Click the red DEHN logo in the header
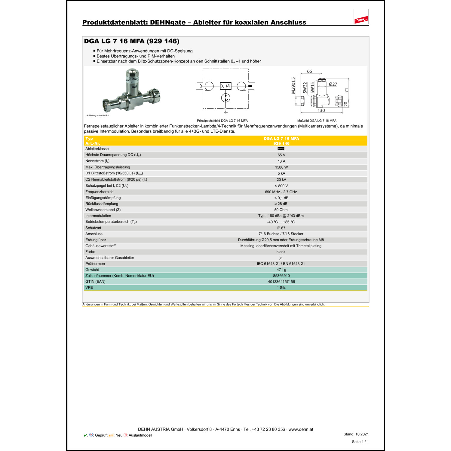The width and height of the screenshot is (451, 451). [x=361, y=20]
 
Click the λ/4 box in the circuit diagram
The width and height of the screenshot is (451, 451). [x=226, y=86]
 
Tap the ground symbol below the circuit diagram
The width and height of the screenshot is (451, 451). [x=226, y=112]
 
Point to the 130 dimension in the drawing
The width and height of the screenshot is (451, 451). [x=321, y=111]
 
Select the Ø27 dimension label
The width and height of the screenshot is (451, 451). [x=333, y=84]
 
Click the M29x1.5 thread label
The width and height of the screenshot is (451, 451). [x=293, y=86]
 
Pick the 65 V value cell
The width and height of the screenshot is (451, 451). [x=281, y=155]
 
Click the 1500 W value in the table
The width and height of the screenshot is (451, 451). [x=281, y=167]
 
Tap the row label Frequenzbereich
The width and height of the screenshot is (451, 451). [x=100, y=192]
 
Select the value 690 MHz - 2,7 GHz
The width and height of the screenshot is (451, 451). [x=281, y=192]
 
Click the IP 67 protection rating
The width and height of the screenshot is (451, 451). [x=281, y=228]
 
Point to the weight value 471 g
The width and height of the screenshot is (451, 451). [x=281, y=270]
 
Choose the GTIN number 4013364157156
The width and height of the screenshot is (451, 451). [x=281, y=282]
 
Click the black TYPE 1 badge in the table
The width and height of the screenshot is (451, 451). [x=281, y=149]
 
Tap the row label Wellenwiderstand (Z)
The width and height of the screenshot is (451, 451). [x=103, y=210]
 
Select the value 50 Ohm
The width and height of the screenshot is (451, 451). [x=281, y=210]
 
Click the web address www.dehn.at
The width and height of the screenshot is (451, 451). [x=301, y=429]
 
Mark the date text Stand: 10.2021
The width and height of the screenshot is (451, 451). [x=356, y=434]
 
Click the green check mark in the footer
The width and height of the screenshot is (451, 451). [x=85, y=435]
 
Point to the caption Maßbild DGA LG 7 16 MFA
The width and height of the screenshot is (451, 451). [x=317, y=121]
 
